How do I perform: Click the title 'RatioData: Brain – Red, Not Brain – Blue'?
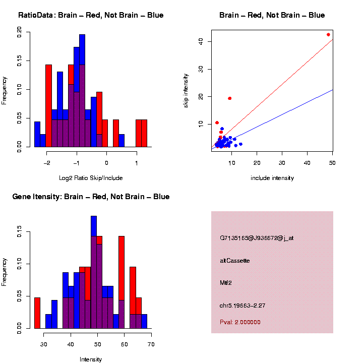91,15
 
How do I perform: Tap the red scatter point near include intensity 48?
328,35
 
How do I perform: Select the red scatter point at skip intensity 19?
230,98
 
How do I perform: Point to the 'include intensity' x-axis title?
272,178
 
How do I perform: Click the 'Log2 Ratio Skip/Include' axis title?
91,178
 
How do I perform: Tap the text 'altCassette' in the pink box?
235,261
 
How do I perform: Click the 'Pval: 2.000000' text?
240,322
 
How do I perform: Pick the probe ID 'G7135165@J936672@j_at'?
257,238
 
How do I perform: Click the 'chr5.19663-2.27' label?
243,305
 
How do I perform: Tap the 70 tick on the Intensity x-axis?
151,344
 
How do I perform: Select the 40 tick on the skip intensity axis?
201,41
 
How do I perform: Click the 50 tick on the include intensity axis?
333,163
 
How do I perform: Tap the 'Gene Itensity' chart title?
91,197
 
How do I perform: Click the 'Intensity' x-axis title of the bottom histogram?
91,359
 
